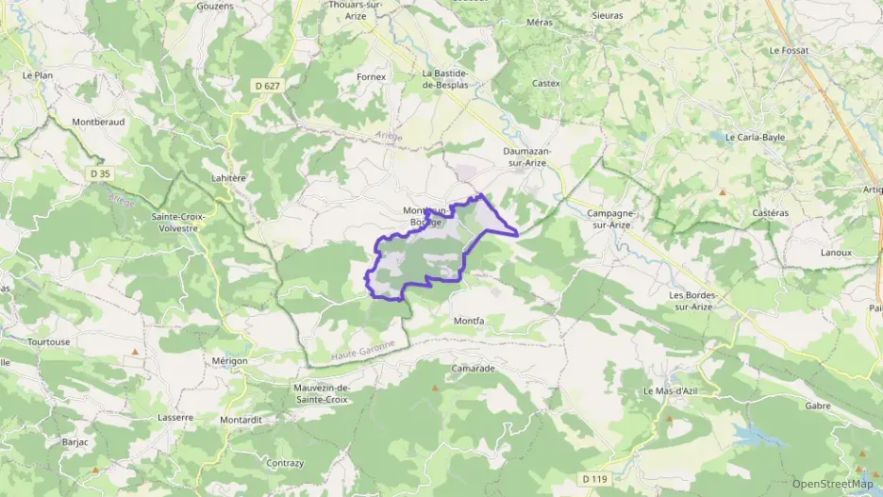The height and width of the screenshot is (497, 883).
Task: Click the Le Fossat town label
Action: point(791,50)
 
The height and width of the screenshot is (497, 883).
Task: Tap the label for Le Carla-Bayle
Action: point(755,137)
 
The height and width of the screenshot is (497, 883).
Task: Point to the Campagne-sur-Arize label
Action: point(612,219)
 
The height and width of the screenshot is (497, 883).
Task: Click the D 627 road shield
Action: point(268,85)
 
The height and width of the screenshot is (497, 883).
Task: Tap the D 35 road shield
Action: point(100,174)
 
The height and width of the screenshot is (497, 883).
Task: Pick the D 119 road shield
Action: point(594,479)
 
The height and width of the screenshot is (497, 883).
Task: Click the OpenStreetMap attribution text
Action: point(832,484)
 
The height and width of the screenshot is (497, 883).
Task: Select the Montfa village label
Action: point(469,321)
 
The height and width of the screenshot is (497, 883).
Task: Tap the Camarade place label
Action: point(473,368)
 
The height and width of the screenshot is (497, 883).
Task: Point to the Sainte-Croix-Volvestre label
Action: point(177,222)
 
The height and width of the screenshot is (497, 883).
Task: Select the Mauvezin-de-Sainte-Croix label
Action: point(322,393)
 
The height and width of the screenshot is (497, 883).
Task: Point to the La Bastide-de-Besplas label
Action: point(452,78)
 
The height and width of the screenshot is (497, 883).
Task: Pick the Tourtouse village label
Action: point(49,341)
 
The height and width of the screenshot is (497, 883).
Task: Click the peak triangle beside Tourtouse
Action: point(135,353)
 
